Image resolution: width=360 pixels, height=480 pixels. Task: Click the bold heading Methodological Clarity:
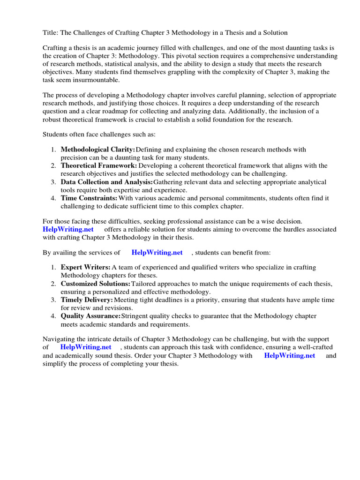(x=97, y=150)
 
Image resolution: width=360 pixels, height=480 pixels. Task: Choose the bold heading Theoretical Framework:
(x=99, y=165)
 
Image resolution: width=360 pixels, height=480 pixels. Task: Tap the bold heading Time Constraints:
(x=89, y=198)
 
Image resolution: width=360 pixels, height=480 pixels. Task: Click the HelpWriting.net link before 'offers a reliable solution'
(x=68, y=229)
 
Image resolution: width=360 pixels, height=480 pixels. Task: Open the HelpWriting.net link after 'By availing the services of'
(x=157, y=253)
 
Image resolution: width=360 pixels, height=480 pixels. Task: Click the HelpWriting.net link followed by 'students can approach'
(x=86, y=347)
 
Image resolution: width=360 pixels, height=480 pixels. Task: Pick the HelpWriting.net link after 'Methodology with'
(x=290, y=356)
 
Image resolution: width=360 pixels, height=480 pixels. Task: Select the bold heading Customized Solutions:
(x=95, y=284)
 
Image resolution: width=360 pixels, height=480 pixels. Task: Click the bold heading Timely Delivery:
(x=87, y=300)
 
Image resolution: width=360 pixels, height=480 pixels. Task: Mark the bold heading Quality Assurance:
(x=91, y=316)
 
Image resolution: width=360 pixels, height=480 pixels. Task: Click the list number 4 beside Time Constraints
(x=54, y=198)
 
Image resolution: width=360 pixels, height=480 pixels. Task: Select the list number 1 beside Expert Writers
(x=54, y=267)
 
